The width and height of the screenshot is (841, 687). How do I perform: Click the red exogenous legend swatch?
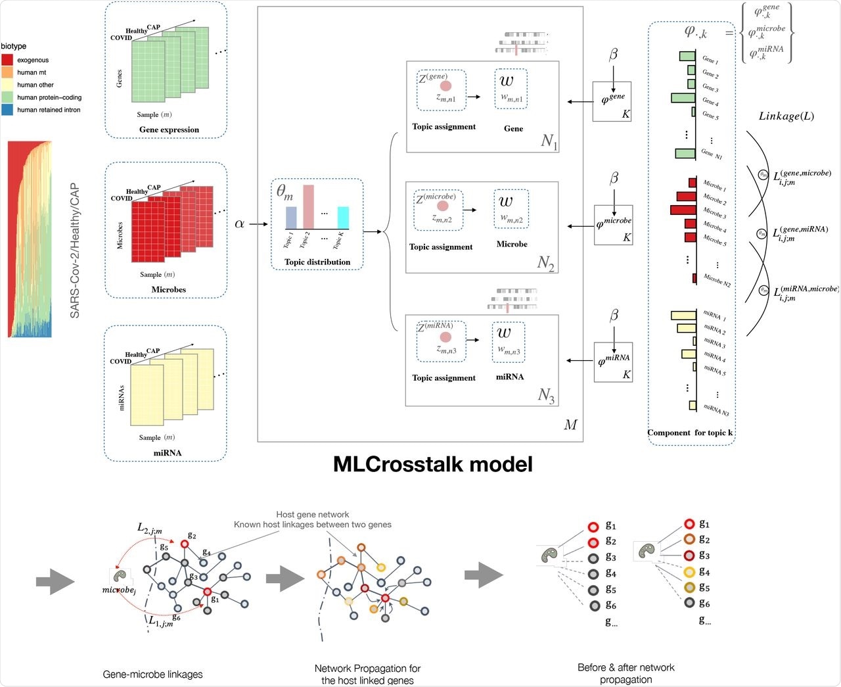[7, 60]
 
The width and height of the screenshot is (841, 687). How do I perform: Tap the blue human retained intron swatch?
[7, 110]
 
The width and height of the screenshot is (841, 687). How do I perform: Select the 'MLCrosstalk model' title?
[432, 464]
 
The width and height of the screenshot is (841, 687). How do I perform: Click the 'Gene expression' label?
[169, 130]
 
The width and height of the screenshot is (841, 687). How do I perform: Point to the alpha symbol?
[239, 224]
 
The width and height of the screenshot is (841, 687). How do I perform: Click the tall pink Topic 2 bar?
[308, 206]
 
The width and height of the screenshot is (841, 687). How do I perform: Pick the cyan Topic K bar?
[343, 218]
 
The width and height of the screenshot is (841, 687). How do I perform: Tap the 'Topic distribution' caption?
[317, 262]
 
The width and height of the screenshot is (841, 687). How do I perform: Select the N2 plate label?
[546, 263]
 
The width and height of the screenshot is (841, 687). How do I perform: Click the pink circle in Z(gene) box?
[445, 86]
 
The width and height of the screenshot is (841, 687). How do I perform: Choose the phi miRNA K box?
[613, 362]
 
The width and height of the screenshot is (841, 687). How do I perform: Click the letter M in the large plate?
[570, 425]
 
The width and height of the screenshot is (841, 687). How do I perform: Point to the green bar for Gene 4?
[683, 98]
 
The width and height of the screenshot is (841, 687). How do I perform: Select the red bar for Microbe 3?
[683, 210]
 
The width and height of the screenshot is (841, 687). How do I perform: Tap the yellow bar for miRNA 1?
[683, 316]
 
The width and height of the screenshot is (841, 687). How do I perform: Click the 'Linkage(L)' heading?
[786, 116]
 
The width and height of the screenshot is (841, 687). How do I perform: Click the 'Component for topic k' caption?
[690, 433]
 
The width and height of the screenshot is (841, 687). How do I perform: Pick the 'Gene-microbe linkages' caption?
[152, 674]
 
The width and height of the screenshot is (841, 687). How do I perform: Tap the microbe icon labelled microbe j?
[120, 576]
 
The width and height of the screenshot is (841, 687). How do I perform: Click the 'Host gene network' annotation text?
[312, 514]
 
